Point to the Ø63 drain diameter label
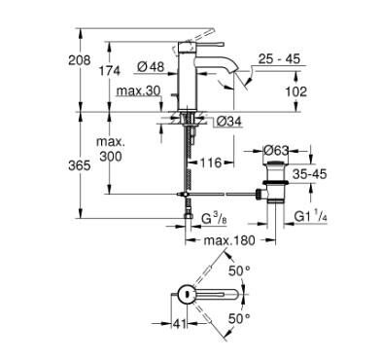click(x=281, y=150)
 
